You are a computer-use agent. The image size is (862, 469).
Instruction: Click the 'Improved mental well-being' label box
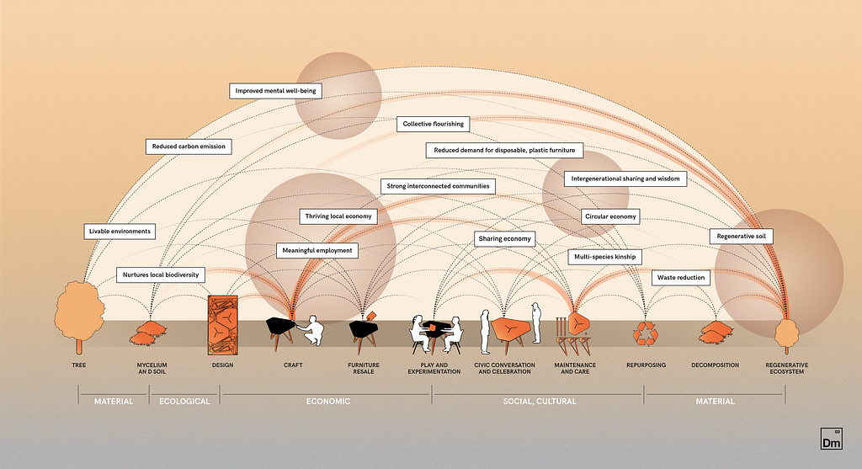tap(275, 91)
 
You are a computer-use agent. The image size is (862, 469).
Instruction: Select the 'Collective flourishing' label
tap(434, 124)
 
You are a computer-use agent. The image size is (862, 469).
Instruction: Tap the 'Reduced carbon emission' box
tap(189, 147)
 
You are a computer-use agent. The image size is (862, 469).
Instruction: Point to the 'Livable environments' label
tap(120, 232)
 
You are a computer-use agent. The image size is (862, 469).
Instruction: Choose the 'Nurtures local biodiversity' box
tap(161, 274)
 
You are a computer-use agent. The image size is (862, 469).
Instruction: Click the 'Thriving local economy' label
tap(338, 216)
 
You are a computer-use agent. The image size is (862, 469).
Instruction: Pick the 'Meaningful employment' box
tap(317, 251)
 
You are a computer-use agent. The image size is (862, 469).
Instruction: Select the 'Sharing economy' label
tap(505, 238)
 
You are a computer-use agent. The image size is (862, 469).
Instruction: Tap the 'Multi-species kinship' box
tap(604, 257)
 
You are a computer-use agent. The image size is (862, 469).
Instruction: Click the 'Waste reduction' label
tap(680, 278)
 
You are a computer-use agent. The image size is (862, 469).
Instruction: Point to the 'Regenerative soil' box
tap(741, 237)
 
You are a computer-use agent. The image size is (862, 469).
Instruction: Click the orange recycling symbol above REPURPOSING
tap(646, 333)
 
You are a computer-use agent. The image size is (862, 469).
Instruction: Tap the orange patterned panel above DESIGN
tap(222, 325)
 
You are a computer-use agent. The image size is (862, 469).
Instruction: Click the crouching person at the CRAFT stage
tap(311, 330)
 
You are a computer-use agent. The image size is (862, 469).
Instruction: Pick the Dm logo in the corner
tap(831, 439)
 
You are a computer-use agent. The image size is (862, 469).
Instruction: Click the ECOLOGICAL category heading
tap(184, 402)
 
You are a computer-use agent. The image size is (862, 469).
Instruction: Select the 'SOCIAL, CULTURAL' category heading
tap(540, 402)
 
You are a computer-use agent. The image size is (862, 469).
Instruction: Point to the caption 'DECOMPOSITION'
tap(716, 365)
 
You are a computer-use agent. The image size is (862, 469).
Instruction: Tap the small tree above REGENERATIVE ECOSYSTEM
tap(787, 335)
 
